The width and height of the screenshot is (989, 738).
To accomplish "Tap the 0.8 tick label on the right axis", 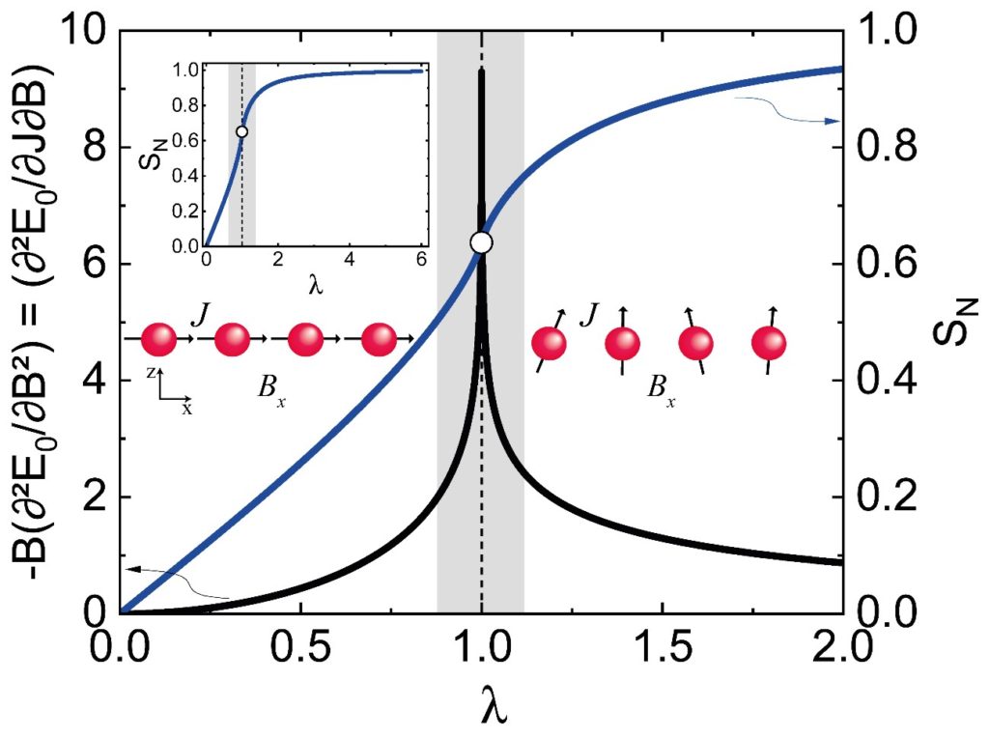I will pos(879,149).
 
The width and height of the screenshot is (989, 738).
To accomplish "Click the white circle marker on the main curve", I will pos(481,242).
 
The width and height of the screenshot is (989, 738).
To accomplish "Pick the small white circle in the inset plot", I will pos(241,130).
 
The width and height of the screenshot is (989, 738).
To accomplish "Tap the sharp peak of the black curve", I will pos(481,73).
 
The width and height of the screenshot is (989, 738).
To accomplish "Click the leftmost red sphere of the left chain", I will pos(159,339).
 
